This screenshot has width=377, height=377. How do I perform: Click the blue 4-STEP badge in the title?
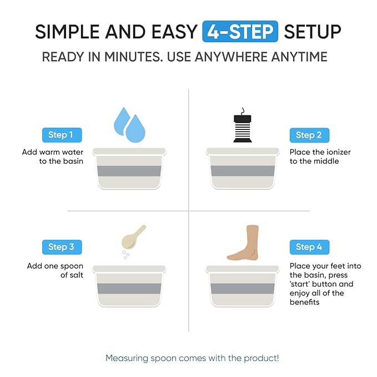pyautogui.click(x=240, y=32)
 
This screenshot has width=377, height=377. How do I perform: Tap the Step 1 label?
pyautogui.click(x=61, y=135)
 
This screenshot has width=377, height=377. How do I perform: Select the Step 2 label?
pyautogui.click(x=309, y=135)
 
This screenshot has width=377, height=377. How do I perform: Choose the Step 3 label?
pyautogui.click(x=61, y=247)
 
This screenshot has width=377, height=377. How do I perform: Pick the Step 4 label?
pyautogui.click(x=309, y=247)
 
